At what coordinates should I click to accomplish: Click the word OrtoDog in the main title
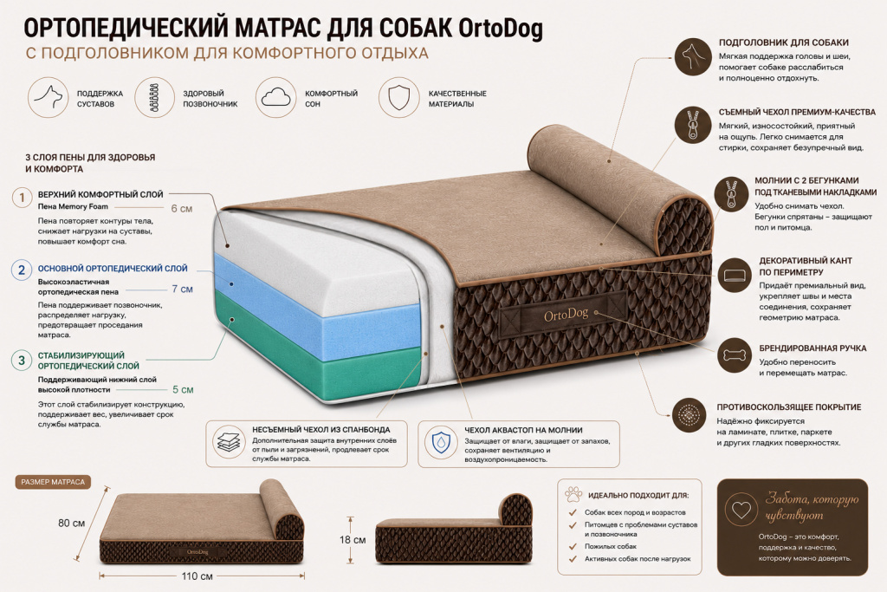500,29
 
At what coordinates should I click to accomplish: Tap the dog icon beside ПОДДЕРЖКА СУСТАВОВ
49,97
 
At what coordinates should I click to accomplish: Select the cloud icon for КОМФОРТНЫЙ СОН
276,97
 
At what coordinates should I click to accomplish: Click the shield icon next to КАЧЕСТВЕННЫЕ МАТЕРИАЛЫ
398,97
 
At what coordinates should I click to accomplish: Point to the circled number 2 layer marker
22,270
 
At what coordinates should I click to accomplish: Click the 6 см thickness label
182,209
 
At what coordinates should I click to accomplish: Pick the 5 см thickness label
183,390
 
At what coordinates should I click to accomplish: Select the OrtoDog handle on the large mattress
565,315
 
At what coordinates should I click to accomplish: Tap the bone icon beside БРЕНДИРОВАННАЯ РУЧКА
735,355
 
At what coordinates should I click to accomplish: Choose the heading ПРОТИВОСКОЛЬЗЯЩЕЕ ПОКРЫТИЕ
788,407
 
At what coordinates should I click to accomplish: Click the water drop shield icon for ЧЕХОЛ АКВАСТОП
441,442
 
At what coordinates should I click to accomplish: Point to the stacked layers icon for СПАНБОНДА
229,442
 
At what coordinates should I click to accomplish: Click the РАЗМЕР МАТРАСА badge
53,482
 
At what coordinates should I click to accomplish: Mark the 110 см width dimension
197,576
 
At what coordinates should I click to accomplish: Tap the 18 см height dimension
353,540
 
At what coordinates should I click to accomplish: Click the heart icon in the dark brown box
741,509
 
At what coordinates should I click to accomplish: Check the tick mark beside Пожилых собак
573,547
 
